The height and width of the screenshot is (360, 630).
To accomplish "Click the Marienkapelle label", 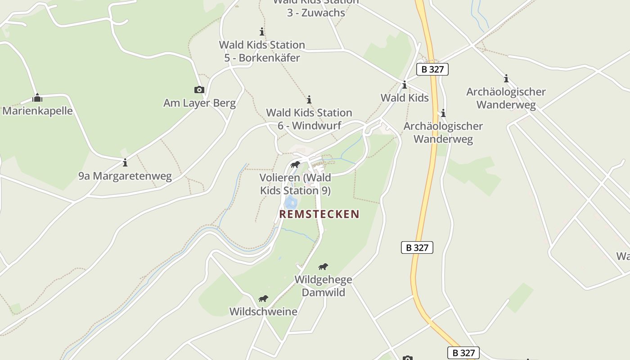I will click(x=37, y=111).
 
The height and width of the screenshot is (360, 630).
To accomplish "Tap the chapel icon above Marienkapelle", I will click(x=37, y=97).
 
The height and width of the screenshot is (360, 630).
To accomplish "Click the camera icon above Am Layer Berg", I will click(x=199, y=90).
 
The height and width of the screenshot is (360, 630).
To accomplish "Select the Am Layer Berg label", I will click(x=199, y=103).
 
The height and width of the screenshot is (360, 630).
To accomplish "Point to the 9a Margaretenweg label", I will click(x=125, y=176).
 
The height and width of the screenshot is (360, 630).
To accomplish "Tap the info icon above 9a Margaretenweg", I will click(x=125, y=162).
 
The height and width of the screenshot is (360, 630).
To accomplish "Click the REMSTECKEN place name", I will click(x=319, y=214).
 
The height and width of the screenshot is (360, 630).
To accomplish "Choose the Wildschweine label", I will click(x=263, y=311).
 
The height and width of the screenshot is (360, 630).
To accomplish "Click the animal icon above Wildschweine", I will click(x=263, y=298).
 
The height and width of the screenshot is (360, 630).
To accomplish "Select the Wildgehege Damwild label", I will click(x=323, y=286).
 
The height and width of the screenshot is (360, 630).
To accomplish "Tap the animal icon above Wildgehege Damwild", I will click(x=323, y=266).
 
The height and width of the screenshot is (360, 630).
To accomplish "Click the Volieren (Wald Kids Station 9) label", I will click(x=295, y=184).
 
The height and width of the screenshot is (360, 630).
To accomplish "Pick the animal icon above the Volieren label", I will click(x=295, y=164).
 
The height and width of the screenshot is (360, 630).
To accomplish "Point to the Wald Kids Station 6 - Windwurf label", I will click(x=309, y=119).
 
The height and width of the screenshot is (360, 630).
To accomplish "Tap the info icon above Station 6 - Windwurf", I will click(x=309, y=99).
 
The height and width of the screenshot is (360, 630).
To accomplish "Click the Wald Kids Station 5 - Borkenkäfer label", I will click(x=262, y=51).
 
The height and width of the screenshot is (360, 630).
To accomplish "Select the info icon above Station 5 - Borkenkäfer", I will click(x=262, y=31).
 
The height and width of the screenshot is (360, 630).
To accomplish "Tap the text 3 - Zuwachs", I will click(x=316, y=13).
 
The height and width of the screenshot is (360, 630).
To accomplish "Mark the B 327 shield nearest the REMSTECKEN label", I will click(x=417, y=247).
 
